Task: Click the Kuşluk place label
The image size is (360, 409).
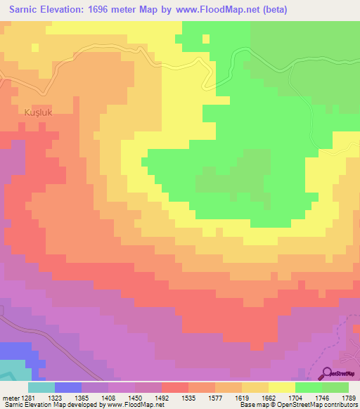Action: click(35, 111)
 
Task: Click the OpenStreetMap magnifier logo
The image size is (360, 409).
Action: click(327, 373)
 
